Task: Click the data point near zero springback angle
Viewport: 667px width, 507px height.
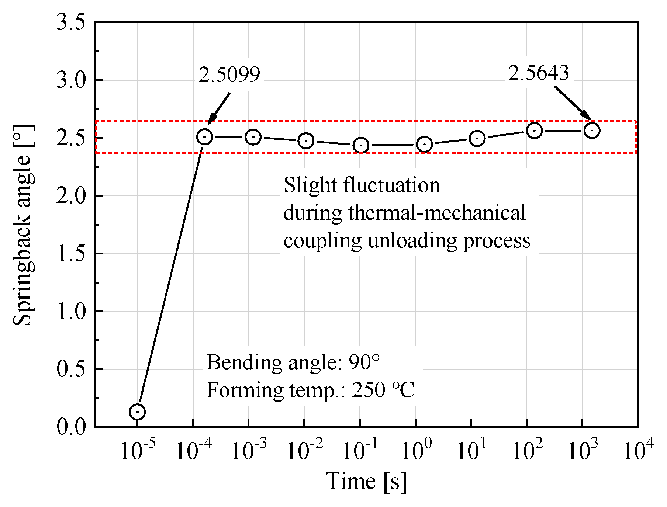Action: (x=137, y=411)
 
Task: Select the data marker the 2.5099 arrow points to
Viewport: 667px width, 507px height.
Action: (x=204, y=137)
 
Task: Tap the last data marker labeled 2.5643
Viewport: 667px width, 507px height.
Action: (x=592, y=131)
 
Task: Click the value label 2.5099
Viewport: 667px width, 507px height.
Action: (x=229, y=75)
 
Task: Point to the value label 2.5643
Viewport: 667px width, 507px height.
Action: (x=538, y=73)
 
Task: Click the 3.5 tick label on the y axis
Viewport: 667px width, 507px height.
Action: (x=70, y=22)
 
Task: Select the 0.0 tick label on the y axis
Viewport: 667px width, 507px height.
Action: (x=70, y=427)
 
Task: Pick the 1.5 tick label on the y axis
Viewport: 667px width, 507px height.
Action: (x=70, y=254)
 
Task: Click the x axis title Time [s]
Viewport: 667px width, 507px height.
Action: (x=366, y=482)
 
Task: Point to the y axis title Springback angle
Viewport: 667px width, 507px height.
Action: (x=23, y=225)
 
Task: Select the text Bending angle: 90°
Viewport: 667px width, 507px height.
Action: (x=293, y=362)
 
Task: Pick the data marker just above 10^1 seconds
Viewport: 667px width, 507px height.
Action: (x=477, y=139)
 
